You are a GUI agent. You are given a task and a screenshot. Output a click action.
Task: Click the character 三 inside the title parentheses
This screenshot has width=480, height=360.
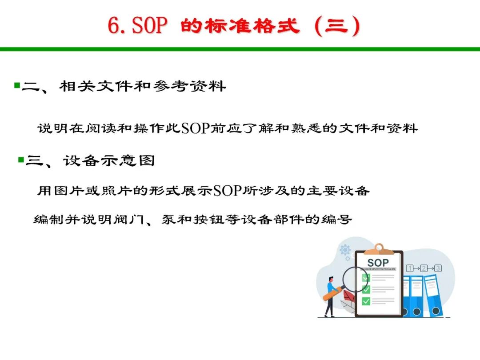[336, 26]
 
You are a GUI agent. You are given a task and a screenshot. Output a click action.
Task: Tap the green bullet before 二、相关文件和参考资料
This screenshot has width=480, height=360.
[17, 85]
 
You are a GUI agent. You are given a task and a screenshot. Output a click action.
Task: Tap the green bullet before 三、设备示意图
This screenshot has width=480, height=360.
[21, 160]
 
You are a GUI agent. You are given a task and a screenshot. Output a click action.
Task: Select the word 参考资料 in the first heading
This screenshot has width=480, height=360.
[189, 86]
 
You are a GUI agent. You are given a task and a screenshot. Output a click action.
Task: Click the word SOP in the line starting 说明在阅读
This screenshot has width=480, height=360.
[195, 128]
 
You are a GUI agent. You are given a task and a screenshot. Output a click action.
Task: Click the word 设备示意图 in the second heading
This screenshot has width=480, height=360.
[109, 161]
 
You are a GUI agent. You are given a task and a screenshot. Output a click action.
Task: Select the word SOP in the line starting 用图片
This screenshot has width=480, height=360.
[227, 190]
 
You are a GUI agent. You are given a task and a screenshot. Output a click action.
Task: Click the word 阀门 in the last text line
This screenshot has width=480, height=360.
[129, 219]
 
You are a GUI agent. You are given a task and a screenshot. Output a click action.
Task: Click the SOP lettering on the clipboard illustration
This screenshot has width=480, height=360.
[378, 263]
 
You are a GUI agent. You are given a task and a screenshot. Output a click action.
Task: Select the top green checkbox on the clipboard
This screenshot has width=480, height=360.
[366, 277]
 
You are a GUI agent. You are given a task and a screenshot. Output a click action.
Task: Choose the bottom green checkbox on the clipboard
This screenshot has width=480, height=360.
[366, 301]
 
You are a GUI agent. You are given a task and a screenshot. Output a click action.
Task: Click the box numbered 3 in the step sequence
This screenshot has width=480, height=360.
[438, 268]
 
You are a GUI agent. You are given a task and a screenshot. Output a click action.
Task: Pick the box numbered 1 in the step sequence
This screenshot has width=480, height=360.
[410, 268]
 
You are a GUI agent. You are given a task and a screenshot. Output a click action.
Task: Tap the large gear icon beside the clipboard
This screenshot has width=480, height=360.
[345, 250]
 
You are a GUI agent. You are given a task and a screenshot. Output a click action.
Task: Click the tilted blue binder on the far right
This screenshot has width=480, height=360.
[433, 296]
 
